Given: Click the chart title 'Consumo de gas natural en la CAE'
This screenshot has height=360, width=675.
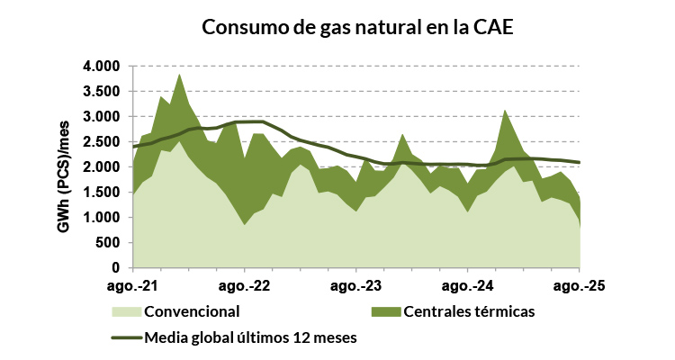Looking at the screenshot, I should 357,28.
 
